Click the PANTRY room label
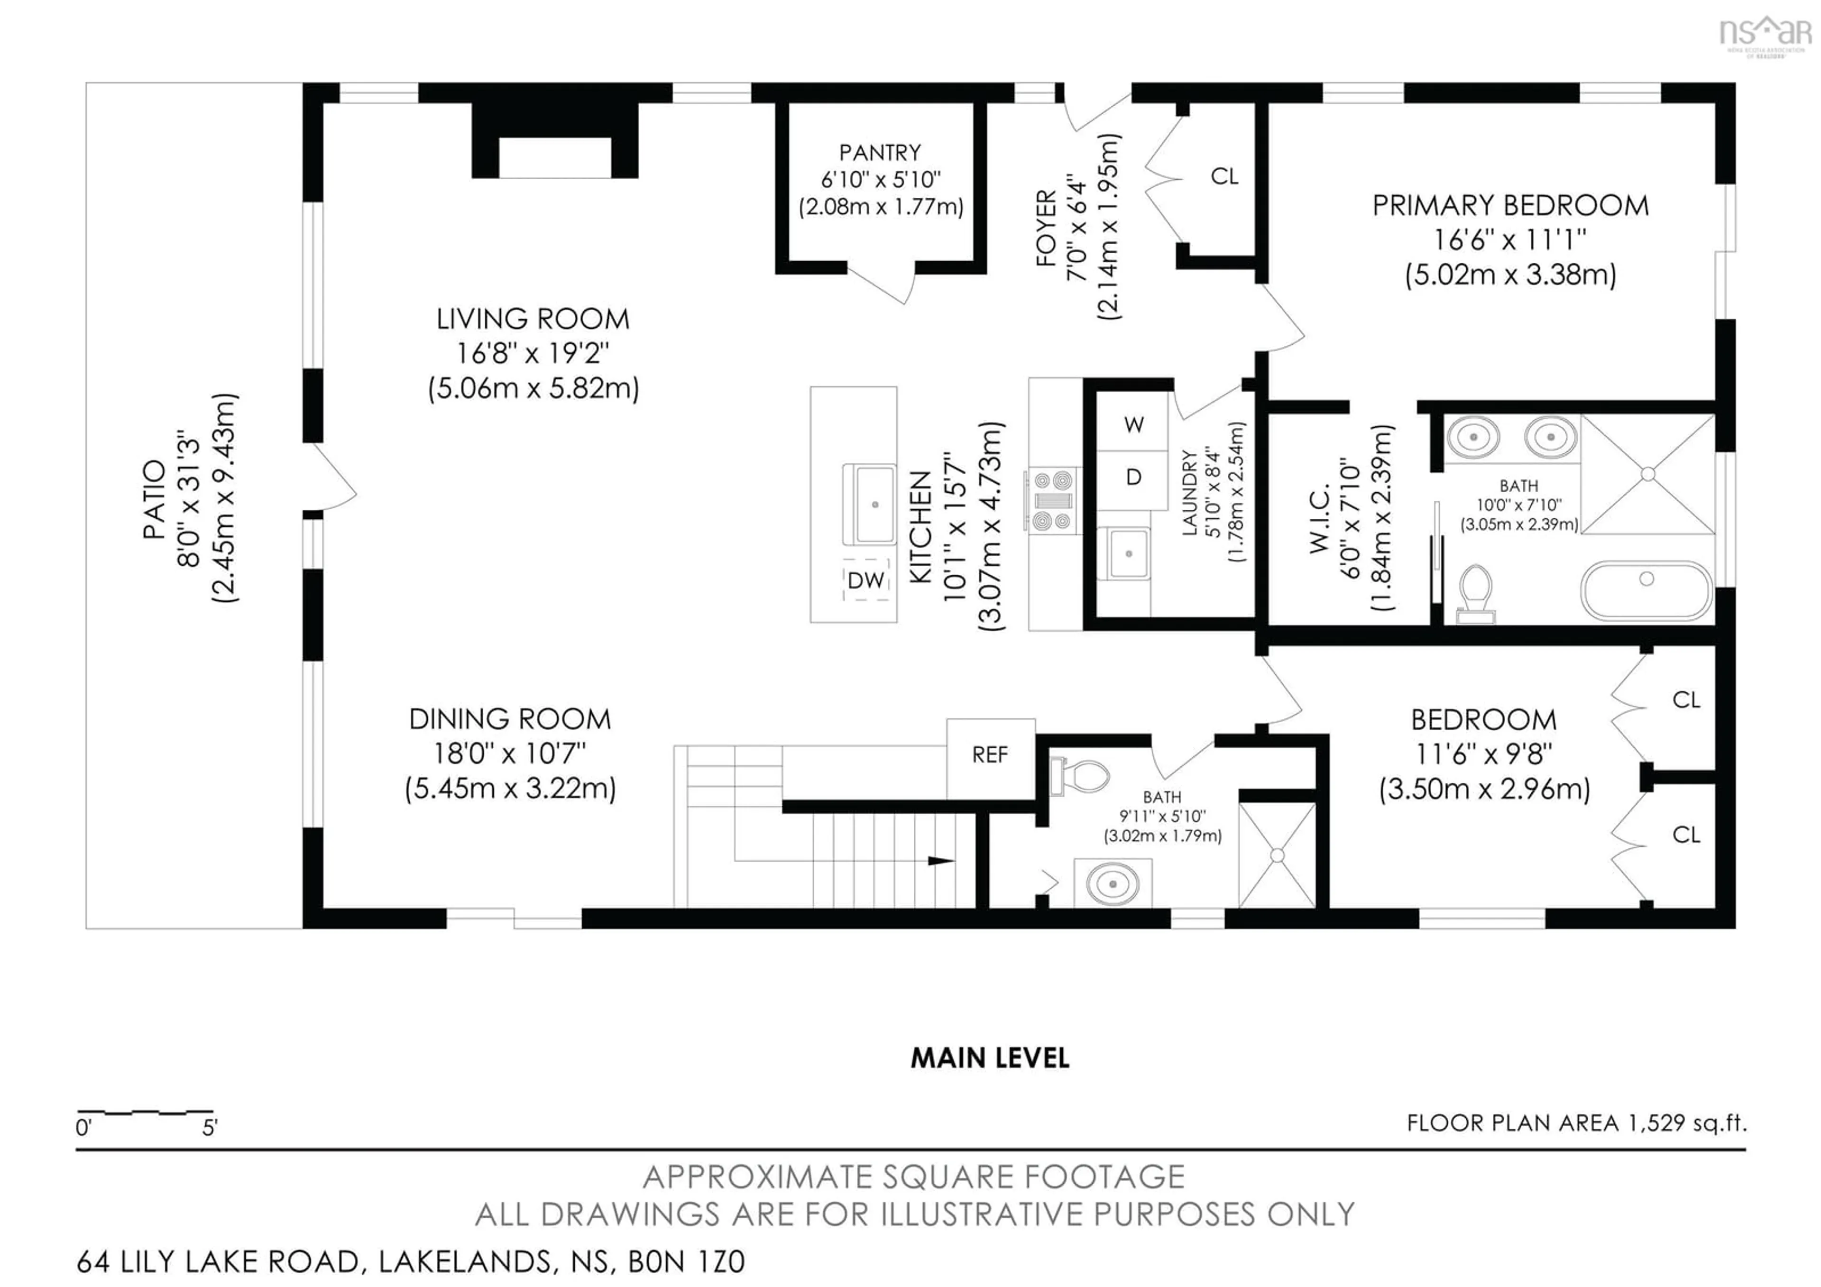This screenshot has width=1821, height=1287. (880, 152)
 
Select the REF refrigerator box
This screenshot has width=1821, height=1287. (990, 755)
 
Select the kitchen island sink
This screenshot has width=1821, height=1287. (874, 505)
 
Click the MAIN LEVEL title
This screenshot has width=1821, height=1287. (990, 1058)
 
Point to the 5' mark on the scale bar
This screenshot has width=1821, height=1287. (210, 1127)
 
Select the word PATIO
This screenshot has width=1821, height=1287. (155, 499)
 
